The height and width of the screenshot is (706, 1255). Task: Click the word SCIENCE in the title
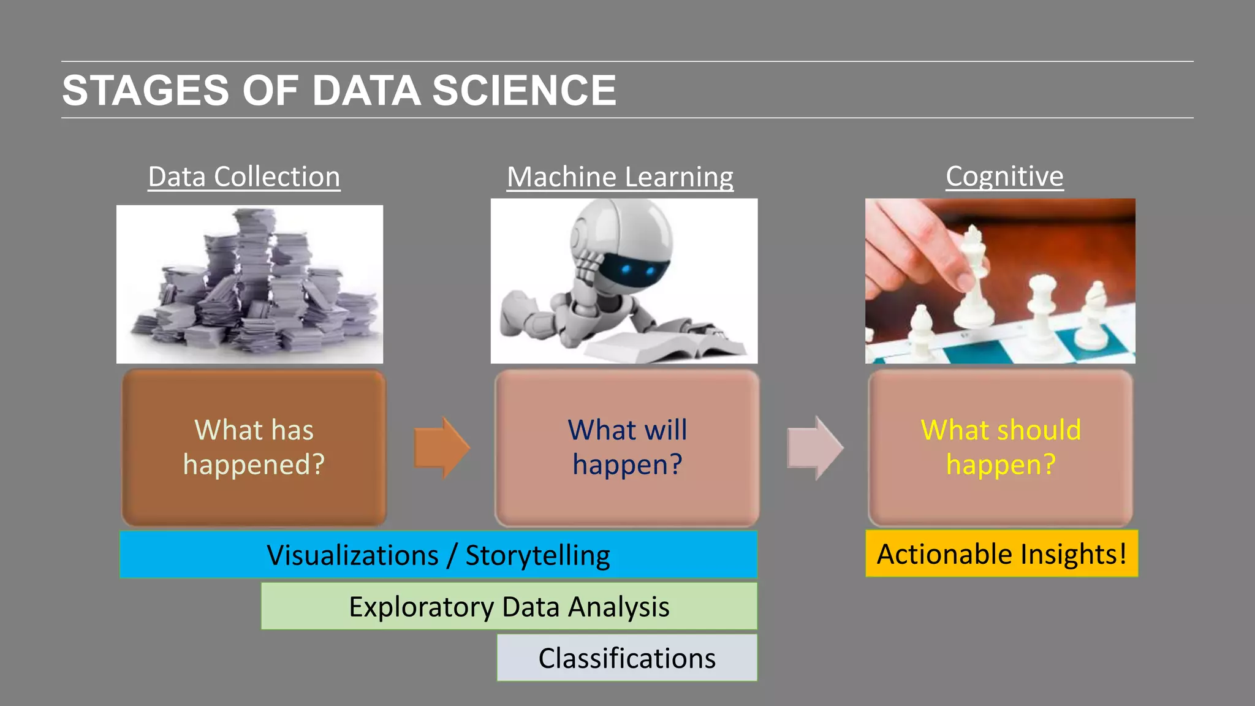point(524,91)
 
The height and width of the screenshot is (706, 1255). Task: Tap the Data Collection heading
point(244,177)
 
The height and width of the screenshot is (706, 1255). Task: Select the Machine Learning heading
point(620,177)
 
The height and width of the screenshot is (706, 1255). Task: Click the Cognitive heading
point(1004,176)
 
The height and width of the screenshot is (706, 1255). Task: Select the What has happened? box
point(254,448)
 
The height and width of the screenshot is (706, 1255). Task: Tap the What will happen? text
point(627,447)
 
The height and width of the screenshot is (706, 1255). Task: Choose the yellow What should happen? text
point(1000,447)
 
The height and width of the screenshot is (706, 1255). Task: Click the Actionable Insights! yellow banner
point(1001,554)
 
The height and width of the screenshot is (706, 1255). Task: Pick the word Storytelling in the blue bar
point(537,555)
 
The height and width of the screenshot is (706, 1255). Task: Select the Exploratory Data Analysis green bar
point(509,607)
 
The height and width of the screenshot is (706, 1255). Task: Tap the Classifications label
point(626,658)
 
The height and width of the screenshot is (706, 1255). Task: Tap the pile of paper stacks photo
point(249,284)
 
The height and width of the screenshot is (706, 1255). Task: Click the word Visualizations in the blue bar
point(352,555)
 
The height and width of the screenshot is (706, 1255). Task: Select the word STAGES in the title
point(146,91)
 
